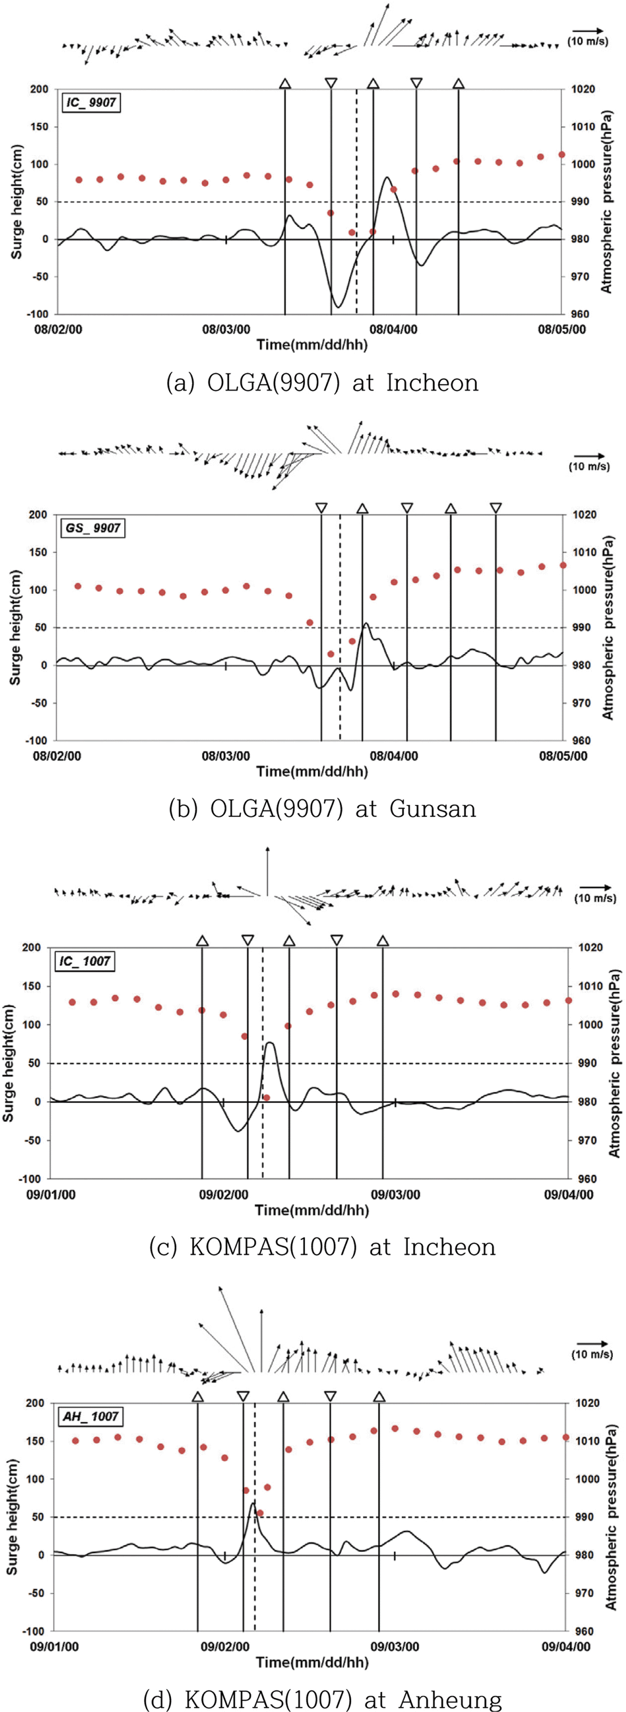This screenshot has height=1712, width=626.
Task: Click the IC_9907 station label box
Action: tap(92, 102)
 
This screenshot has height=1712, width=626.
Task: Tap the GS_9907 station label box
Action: tap(93, 529)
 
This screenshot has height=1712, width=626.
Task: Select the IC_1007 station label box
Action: tap(85, 961)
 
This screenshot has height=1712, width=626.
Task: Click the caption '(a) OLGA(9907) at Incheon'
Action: tap(322, 383)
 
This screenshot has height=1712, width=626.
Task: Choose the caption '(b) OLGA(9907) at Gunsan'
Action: tap(322, 809)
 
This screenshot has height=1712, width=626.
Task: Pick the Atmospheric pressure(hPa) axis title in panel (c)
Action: tap(615, 1063)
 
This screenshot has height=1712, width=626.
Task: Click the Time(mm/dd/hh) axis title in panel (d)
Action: tap(312, 1662)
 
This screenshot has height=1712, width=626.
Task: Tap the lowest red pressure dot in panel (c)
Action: tap(266, 1098)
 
